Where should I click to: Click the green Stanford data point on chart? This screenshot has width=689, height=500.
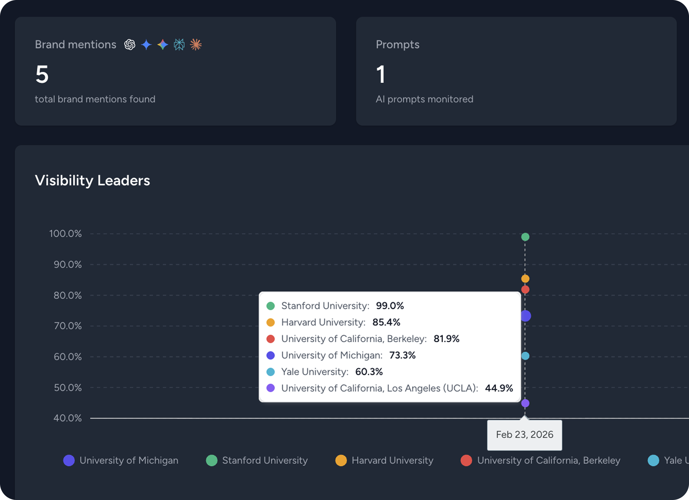tap(525, 237)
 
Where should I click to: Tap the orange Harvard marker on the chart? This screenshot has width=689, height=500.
tap(525, 279)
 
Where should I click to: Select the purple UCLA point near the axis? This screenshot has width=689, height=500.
tap(525, 403)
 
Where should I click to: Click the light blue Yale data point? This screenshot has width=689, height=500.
tap(525, 356)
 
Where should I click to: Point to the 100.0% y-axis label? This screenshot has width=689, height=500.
tap(65, 234)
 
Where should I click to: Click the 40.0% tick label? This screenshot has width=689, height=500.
tap(68, 418)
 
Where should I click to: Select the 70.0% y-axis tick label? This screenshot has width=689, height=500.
tap(68, 326)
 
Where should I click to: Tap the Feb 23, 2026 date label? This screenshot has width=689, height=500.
tap(524, 435)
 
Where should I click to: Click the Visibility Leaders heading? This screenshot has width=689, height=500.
tap(92, 181)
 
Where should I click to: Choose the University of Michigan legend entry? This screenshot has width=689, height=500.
tap(121, 460)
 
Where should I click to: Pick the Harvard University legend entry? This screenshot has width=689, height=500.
tap(384, 460)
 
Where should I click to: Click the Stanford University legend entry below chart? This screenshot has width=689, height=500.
tap(257, 460)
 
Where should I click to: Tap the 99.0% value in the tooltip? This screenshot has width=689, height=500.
tap(390, 306)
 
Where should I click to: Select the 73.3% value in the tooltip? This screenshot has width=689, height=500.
tap(402, 355)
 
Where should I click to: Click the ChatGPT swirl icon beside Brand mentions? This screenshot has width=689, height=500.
tap(130, 45)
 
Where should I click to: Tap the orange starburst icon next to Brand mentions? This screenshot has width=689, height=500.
tap(196, 45)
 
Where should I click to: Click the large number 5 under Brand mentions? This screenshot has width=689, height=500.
tap(42, 74)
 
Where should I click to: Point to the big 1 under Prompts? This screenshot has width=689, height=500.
tap(381, 74)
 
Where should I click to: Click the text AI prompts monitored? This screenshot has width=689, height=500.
tap(425, 99)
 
